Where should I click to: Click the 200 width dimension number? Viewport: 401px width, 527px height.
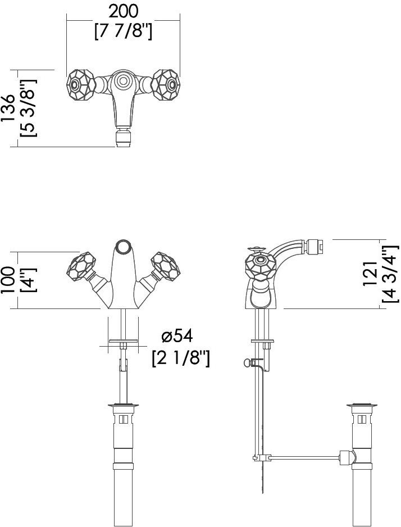(123, 12)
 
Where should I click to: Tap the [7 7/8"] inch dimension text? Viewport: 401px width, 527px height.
(123, 32)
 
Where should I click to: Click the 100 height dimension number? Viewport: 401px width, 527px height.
(8, 280)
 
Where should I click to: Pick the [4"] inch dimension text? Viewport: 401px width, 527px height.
(28, 280)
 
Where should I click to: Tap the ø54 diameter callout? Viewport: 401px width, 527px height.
(177, 336)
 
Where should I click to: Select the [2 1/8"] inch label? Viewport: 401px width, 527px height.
(181, 358)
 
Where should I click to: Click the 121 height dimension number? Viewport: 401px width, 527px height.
(371, 274)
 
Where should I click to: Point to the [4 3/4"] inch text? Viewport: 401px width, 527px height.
(390, 274)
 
